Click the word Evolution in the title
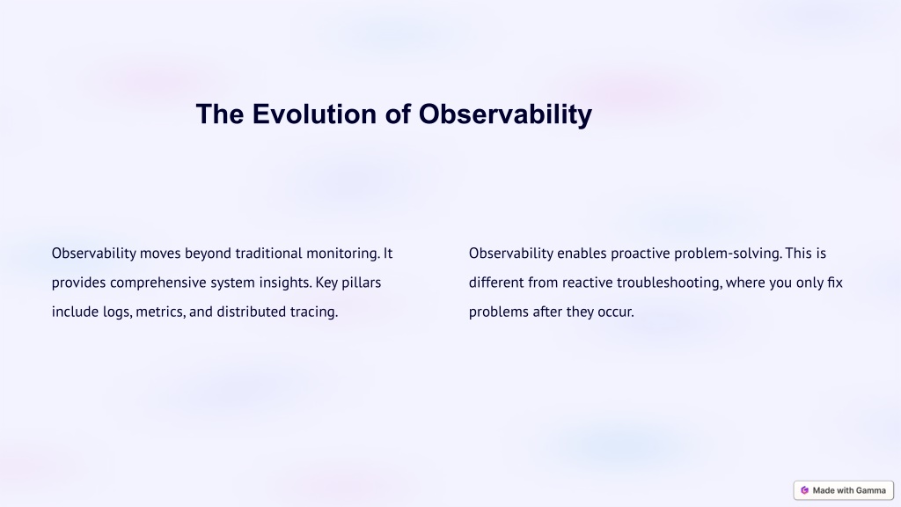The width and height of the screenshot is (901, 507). point(315,114)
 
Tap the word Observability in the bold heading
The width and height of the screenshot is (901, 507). point(505,114)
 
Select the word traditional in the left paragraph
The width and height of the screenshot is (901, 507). point(268,253)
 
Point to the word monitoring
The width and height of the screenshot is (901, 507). point(343,253)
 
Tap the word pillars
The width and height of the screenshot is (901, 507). point(362,283)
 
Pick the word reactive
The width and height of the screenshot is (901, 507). point(587,283)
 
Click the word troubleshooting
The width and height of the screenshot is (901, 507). point(670,283)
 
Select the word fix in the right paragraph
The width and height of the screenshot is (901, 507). point(835,283)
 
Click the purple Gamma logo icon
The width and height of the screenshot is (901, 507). point(804,490)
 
